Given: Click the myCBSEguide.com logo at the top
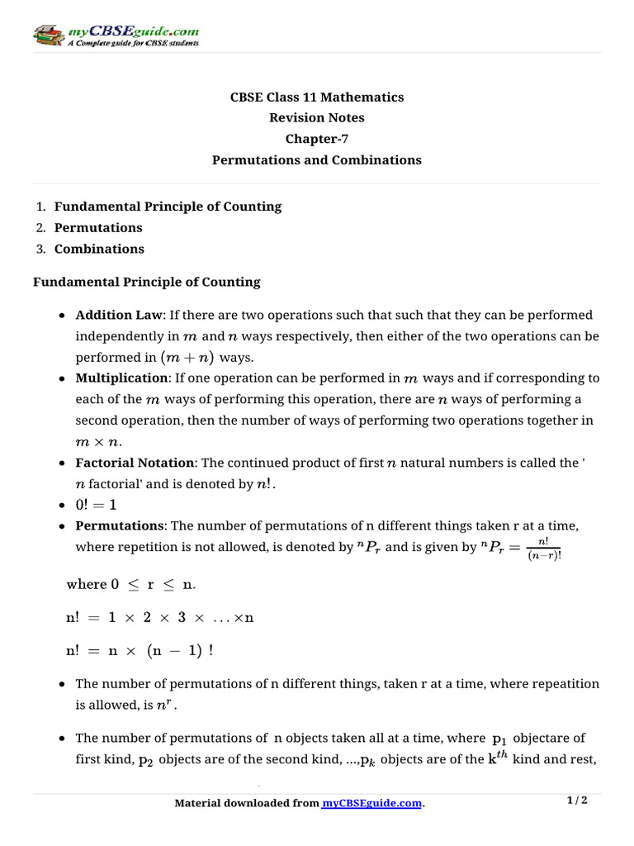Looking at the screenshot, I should [116, 36].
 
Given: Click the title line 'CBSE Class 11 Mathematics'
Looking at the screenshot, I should [317, 97].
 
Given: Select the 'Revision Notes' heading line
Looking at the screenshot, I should [317, 118].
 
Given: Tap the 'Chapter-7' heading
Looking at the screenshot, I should [317, 139].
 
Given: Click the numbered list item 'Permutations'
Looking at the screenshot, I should [98, 227].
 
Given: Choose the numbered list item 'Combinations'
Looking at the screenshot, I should [99, 249].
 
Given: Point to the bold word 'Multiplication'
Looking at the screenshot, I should [121, 378].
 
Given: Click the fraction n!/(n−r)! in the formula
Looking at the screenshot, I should [543, 547].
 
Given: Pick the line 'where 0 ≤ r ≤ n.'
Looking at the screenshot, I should [131, 584].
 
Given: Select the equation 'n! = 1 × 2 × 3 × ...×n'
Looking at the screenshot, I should [160, 617].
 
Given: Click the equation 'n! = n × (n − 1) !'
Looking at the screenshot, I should [140, 650].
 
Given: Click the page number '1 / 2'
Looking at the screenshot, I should [577, 801].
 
